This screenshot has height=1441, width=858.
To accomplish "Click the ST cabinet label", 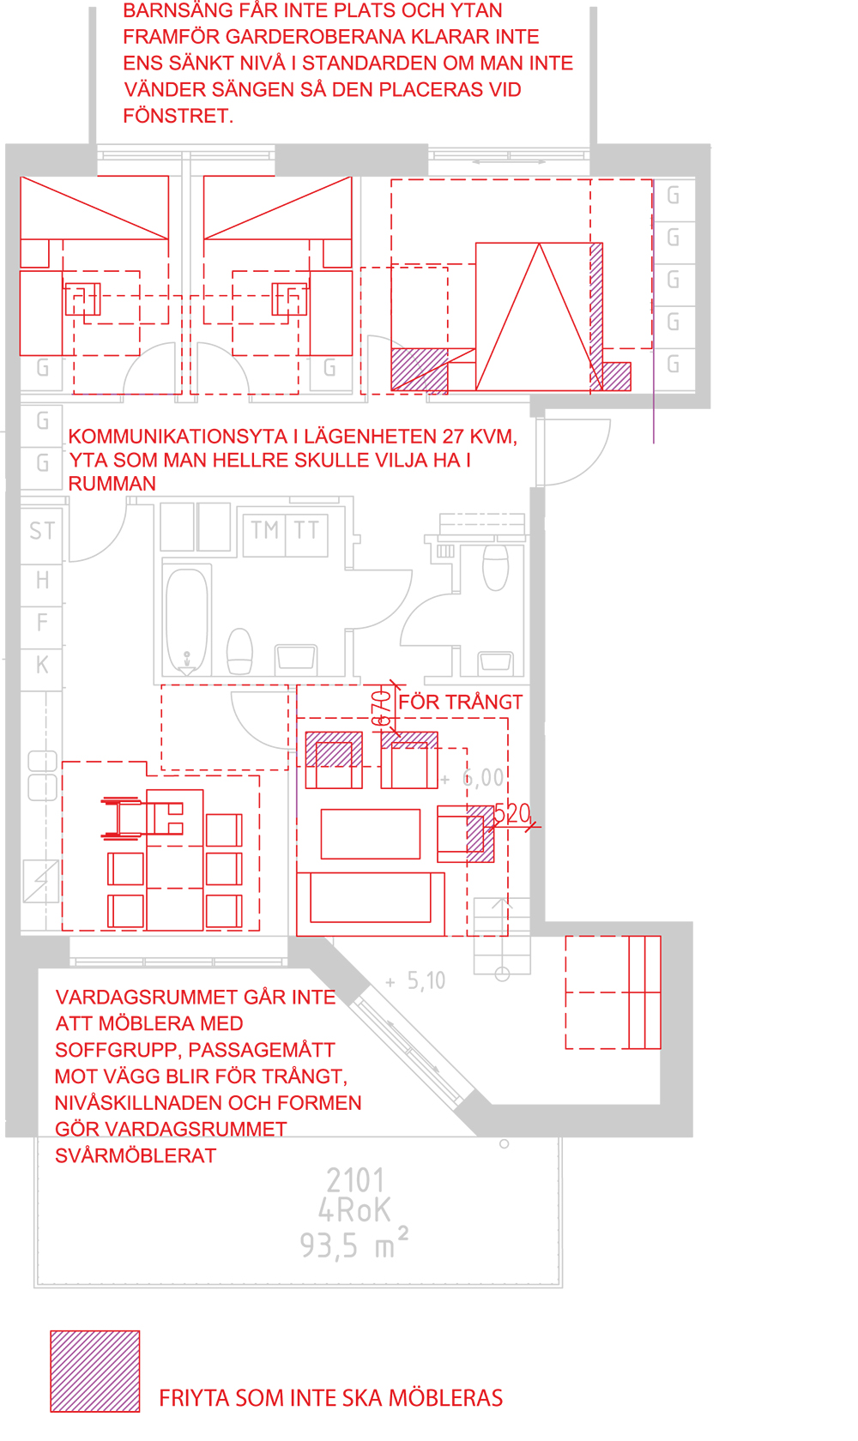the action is [x=42, y=531].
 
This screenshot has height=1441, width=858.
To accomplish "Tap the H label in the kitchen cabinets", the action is [x=43, y=580].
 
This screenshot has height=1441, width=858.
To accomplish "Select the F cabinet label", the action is [x=43, y=622].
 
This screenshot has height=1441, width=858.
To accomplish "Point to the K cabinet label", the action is [x=43, y=665].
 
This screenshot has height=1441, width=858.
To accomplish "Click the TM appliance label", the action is [x=264, y=530].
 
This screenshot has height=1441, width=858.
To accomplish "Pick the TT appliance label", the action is [x=306, y=530].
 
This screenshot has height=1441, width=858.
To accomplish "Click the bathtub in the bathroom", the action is [x=187, y=620].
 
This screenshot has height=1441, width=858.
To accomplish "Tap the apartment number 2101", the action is [x=355, y=1180].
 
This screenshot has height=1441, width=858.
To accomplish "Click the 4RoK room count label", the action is [x=354, y=1211].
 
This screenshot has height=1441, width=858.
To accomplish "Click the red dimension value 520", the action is [x=512, y=814].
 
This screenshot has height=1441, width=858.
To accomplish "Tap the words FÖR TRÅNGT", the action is [x=460, y=702].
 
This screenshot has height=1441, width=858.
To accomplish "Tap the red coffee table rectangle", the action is [x=370, y=834].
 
